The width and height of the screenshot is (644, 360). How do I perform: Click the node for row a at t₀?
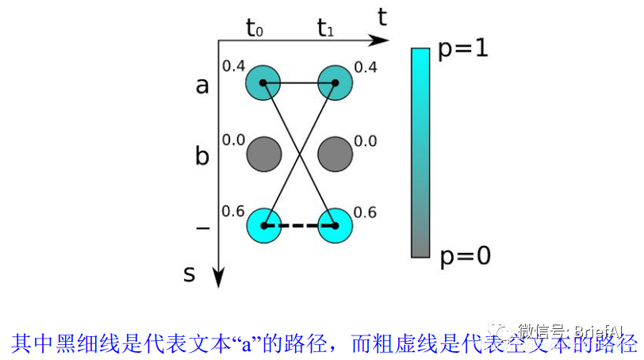264,82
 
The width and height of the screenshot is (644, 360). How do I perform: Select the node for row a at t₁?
335,82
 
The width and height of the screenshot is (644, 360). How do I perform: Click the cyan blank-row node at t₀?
264,226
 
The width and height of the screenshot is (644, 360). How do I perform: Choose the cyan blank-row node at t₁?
335,226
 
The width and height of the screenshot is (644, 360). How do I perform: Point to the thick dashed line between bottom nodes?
300,226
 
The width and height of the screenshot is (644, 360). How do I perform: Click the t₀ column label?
255,30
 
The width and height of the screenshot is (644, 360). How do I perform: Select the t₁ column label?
325,30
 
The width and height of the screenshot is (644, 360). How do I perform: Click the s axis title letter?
189,274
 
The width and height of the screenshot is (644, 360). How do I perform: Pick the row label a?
202,85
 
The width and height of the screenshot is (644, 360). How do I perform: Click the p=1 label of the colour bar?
463,49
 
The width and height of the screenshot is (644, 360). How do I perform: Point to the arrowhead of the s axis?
218,278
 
